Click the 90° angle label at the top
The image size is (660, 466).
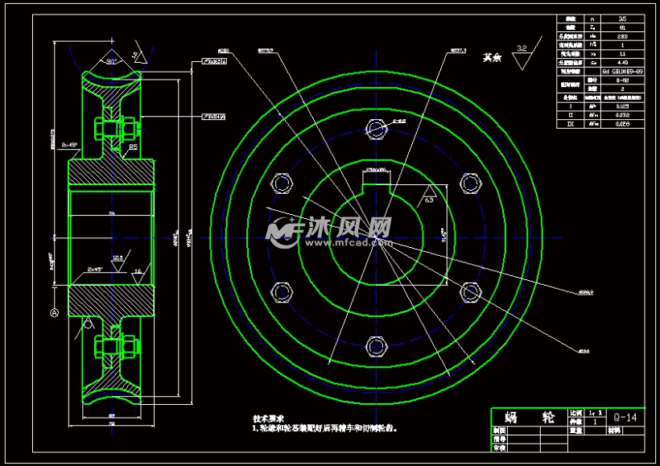111,61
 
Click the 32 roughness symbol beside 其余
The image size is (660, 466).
522,49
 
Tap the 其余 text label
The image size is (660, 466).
492,58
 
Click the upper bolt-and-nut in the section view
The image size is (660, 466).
117,129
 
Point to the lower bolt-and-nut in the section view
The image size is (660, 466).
117,348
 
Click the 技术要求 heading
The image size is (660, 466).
269,419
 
